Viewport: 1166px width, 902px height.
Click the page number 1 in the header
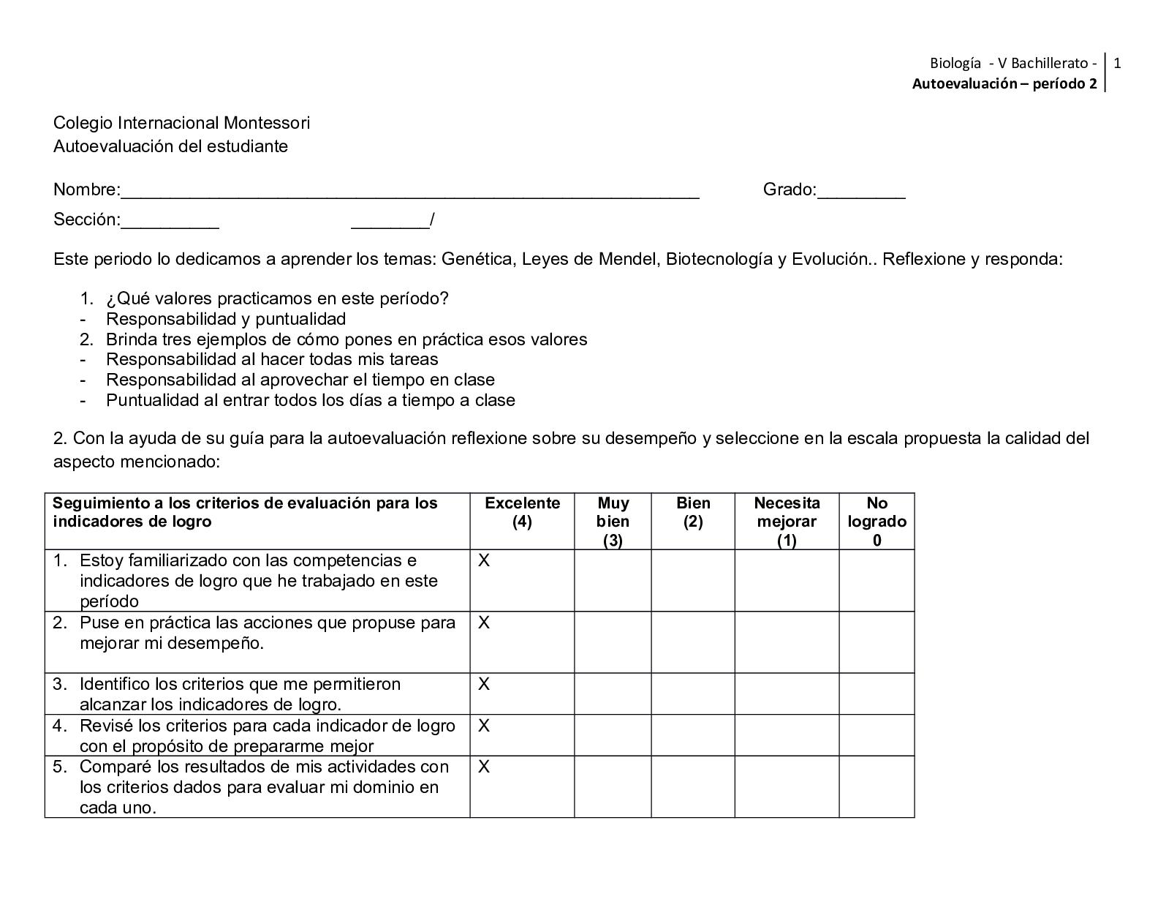[1117, 63]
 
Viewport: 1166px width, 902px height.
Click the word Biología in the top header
[955, 63]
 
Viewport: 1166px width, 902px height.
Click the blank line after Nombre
[409, 192]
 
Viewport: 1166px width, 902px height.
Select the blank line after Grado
[861, 192]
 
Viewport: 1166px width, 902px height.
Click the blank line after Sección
[170, 222]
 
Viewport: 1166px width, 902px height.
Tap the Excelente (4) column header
[522, 512]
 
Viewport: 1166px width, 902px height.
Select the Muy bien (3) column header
[613, 521]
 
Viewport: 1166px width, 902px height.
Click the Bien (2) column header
[693, 512]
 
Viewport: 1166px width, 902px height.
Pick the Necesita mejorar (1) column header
[787, 521]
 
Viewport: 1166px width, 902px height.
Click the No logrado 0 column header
[877, 521]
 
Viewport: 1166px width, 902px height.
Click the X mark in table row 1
[484, 560]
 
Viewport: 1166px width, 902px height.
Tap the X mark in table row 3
[484, 684]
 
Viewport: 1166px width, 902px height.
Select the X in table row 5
[484, 767]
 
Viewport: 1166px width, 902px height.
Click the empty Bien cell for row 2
[693, 642]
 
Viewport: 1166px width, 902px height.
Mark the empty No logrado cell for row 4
[877, 735]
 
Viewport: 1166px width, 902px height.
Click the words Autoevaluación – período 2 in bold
[1004, 83]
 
